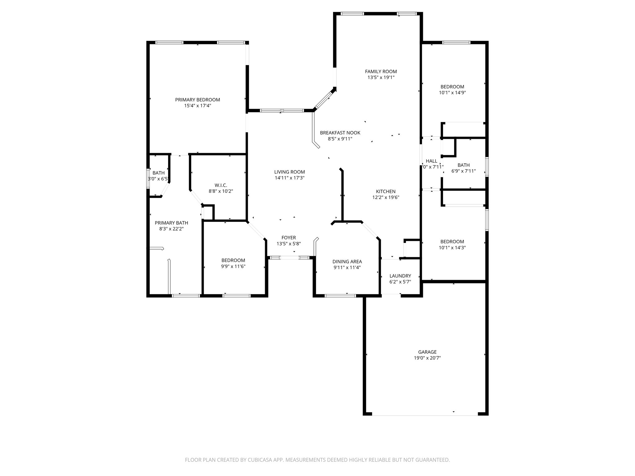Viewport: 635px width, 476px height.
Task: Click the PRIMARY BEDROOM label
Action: tap(198, 100)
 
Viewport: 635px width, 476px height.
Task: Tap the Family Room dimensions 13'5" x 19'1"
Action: tap(381, 77)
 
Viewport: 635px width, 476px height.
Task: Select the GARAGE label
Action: tap(427, 352)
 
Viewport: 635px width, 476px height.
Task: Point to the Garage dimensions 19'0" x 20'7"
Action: tap(427, 358)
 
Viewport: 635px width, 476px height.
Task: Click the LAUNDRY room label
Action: tap(400, 276)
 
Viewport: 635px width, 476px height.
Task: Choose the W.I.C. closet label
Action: tap(221, 185)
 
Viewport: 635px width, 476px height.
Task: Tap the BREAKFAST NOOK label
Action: tap(340, 133)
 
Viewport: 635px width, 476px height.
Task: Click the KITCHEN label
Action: tap(386, 192)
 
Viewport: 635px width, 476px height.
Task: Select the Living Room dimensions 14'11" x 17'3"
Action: tap(289, 178)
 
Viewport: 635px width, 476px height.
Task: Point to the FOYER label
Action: tap(289, 238)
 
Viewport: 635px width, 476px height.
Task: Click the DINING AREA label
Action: tap(347, 262)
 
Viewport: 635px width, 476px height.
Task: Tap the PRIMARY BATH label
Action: tap(171, 223)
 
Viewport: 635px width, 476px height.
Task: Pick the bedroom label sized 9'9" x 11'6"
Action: tap(233, 260)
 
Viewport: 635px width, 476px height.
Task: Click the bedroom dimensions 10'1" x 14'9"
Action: tap(452, 92)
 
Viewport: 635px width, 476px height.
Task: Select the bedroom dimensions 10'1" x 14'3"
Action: tap(452, 248)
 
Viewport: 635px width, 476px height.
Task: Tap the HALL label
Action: tap(431, 161)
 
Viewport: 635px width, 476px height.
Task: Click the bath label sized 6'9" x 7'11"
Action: tap(464, 165)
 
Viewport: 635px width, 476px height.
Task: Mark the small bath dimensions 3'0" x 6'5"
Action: tap(158, 179)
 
